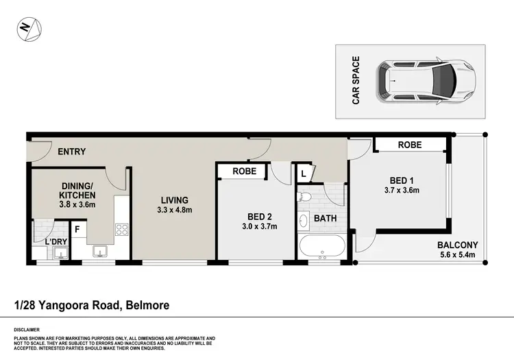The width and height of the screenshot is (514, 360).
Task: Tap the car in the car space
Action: tap(425, 81)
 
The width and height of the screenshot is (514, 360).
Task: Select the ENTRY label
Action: tap(71, 152)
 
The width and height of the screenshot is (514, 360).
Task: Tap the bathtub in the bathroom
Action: tap(321, 247)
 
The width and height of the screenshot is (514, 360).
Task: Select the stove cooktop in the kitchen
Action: tap(122, 230)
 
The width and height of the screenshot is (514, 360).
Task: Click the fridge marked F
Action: tap(77, 229)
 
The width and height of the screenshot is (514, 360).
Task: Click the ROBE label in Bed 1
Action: tap(409, 145)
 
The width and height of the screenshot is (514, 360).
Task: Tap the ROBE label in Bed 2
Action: tap(244, 171)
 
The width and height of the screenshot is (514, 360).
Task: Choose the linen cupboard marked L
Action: tap(303, 173)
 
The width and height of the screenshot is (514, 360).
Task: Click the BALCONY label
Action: tap(458, 245)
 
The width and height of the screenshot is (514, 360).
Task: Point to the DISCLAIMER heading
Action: tap(26, 329)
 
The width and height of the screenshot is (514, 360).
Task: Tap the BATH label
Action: tap(324, 219)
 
